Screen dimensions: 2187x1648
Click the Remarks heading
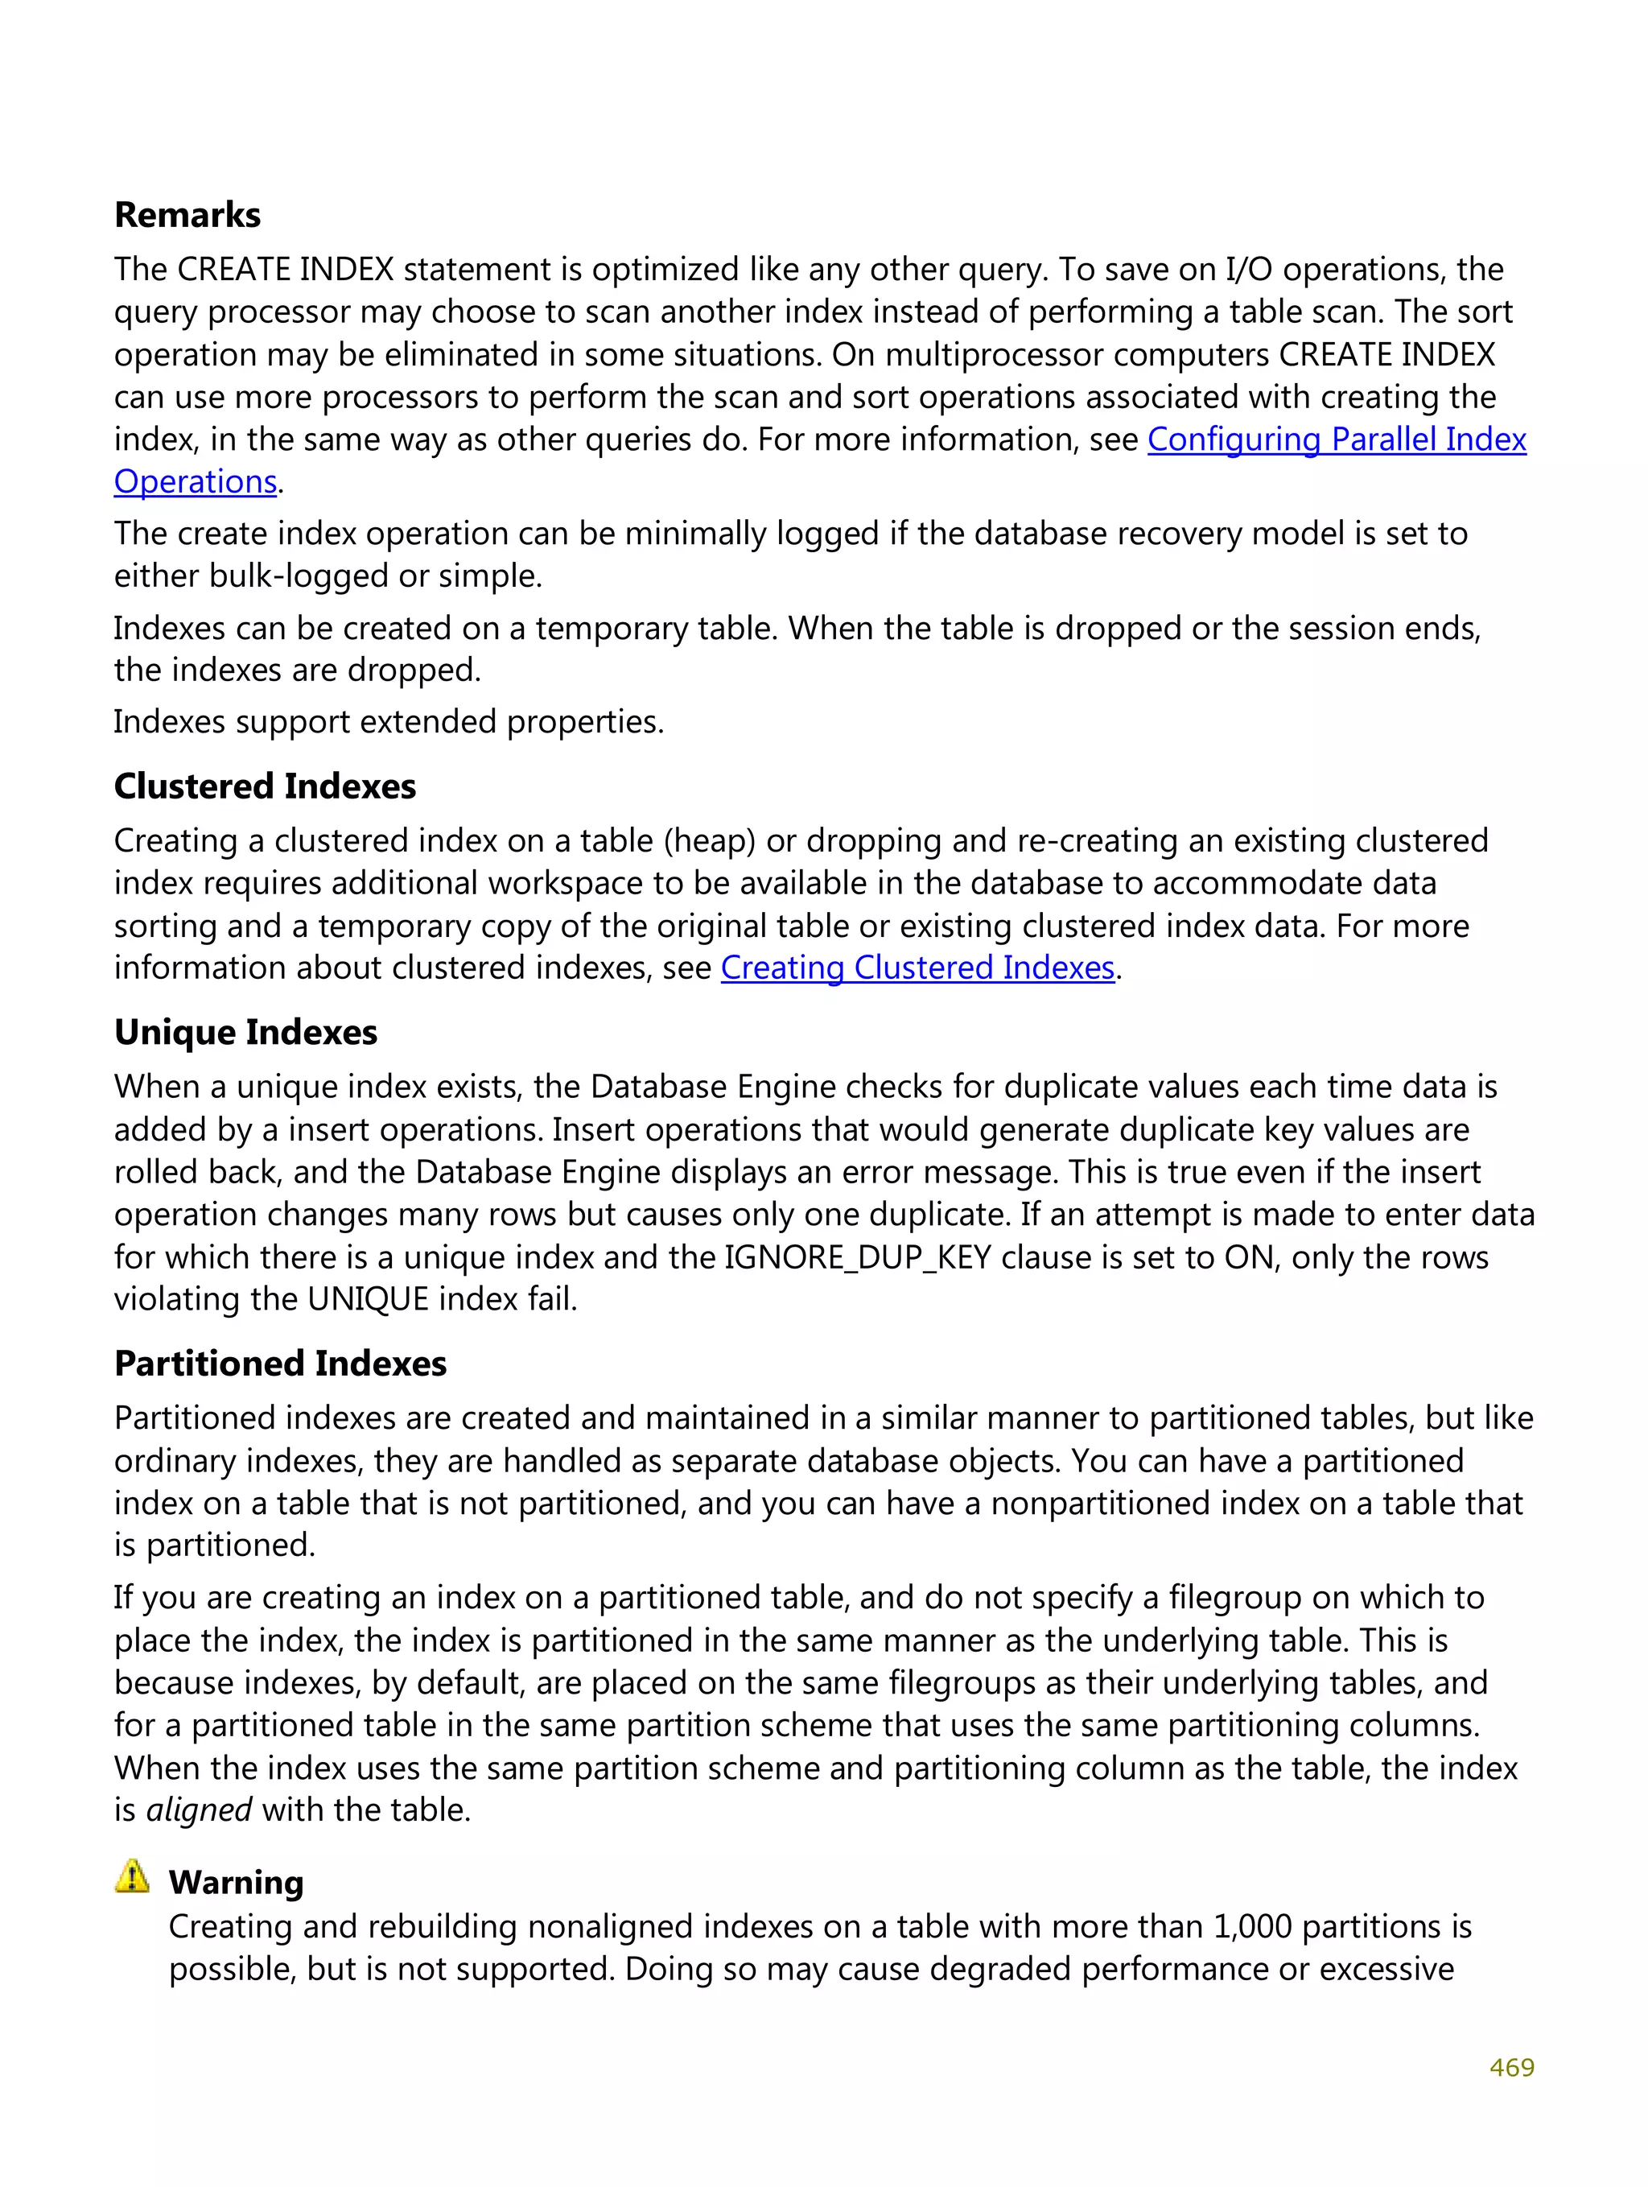point(187,215)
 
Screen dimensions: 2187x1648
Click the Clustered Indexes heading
point(265,786)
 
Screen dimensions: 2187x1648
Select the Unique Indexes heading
point(245,1032)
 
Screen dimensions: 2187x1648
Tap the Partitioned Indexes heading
point(280,1364)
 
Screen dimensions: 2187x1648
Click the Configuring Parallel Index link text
point(1336,439)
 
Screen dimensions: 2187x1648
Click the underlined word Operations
point(195,481)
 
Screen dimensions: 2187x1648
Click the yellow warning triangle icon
point(131,1875)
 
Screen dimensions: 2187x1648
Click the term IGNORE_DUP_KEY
point(857,1256)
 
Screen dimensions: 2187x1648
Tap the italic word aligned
point(199,1809)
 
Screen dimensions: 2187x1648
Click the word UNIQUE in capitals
point(368,1298)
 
